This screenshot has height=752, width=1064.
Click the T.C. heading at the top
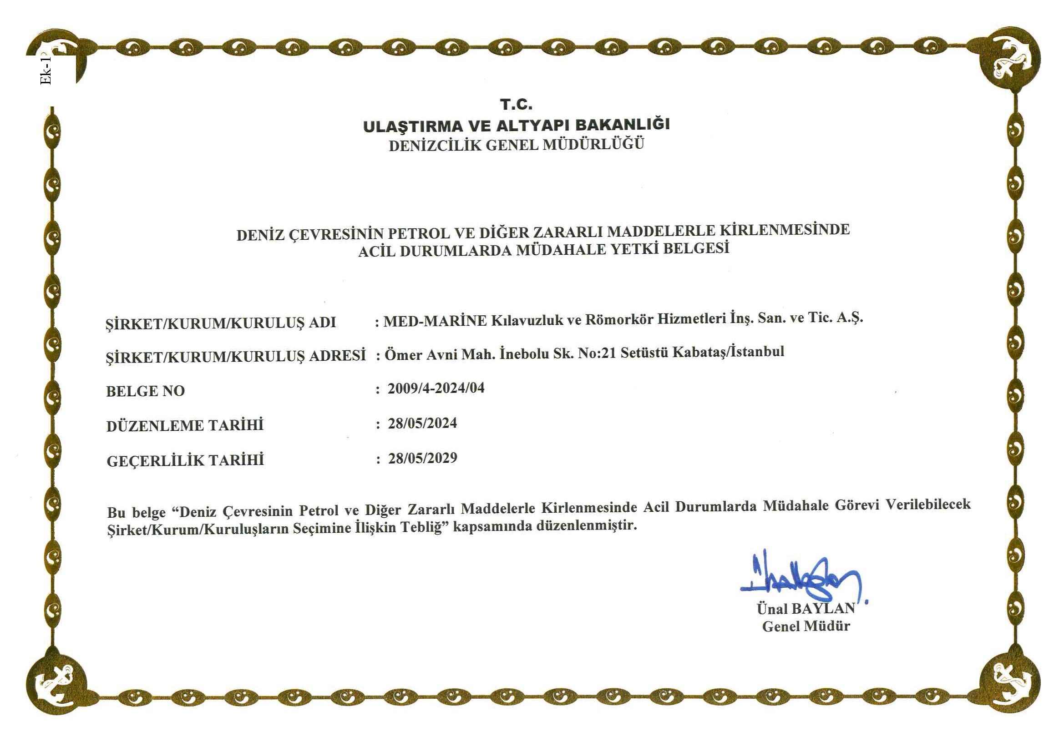[516, 104]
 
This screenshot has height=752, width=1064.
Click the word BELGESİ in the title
[695, 248]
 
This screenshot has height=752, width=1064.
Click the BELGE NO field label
[146, 391]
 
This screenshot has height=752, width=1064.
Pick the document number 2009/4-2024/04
[436, 388]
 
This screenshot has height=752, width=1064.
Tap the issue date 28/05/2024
[422, 423]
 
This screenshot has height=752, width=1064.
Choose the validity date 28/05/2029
[423, 458]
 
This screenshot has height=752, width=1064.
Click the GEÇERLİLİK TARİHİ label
[185, 460]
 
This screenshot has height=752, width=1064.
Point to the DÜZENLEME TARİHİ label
[185, 425]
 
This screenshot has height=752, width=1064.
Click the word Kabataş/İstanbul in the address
[728, 352]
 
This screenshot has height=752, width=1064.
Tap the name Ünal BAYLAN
[806, 608]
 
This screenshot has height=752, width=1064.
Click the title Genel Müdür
[806, 626]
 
